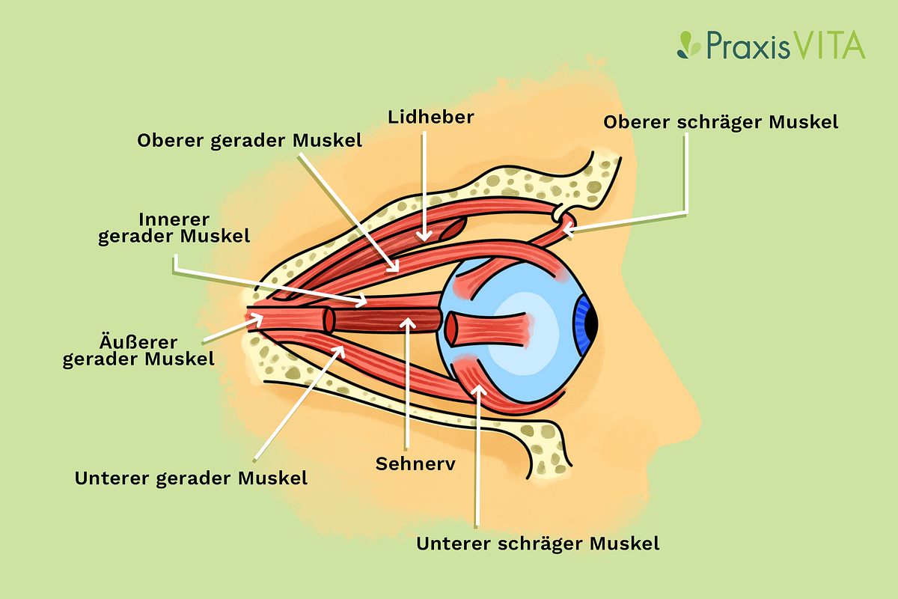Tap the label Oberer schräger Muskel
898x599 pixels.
tap(721, 121)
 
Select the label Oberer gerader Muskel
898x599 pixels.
tap(250, 141)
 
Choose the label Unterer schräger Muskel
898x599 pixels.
tap(538, 543)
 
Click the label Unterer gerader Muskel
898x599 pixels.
tap(191, 478)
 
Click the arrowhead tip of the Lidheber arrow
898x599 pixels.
tap(424, 238)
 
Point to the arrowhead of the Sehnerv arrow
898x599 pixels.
tap(406, 321)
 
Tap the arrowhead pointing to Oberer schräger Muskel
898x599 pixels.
tap(563, 231)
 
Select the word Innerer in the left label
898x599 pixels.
tap(173, 219)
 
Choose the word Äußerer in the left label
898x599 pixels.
tap(138, 343)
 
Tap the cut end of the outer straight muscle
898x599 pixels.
tap(328, 320)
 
